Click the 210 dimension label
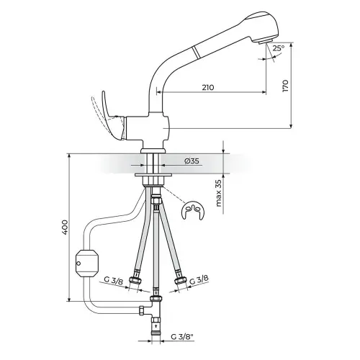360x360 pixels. pyautogui.click(x=207, y=87)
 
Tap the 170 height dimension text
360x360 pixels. pyautogui.click(x=286, y=86)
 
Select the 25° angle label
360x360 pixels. pyautogui.click(x=279, y=48)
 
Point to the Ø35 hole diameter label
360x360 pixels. pyautogui.click(x=192, y=161)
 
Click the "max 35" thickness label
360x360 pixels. pyautogui.click(x=219, y=193)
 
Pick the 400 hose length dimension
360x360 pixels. pyautogui.click(x=66, y=227)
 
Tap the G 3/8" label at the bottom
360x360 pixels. pyautogui.click(x=182, y=337)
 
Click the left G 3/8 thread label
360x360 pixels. pyautogui.click(x=113, y=281)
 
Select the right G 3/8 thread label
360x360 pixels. pyautogui.click(x=199, y=280)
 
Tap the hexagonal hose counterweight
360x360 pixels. pyautogui.click(x=86, y=264)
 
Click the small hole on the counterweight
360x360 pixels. pyautogui.click(x=78, y=264)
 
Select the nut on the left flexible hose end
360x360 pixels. pyautogui.click(x=134, y=280)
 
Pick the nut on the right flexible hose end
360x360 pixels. pyautogui.click(x=180, y=279)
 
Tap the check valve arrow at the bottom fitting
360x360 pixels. pyautogui.click(x=156, y=325)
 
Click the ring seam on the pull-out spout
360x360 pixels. pyautogui.click(x=197, y=52)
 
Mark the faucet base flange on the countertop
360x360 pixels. pyautogui.click(x=153, y=150)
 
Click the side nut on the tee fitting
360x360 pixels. pyautogui.click(x=142, y=310)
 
